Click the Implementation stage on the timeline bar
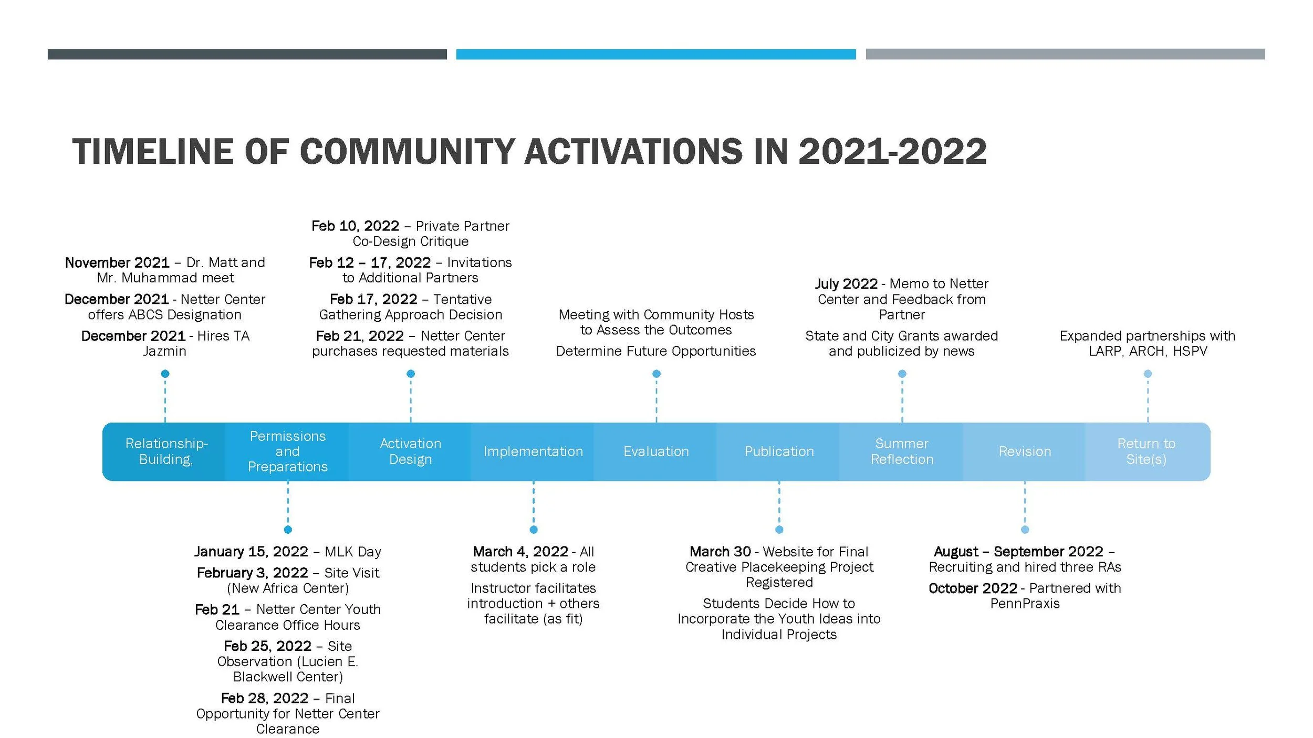[533, 451]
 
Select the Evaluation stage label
[656, 451]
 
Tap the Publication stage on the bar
[779, 451]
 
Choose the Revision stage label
[1025, 451]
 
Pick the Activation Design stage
[410, 451]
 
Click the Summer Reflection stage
[902, 451]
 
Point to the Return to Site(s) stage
[1147, 451]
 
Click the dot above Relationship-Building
[165, 374]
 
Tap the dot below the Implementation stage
[534, 530]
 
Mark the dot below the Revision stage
[1025, 530]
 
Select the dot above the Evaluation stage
[656, 374]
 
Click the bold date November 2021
[117, 262]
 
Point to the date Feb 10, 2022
[355, 226]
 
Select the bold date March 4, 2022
[520, 552]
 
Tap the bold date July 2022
[846, 284]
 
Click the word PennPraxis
[1025, 604]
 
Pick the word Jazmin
[164, 351]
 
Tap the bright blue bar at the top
[655, 54]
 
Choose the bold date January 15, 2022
[251, 552]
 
